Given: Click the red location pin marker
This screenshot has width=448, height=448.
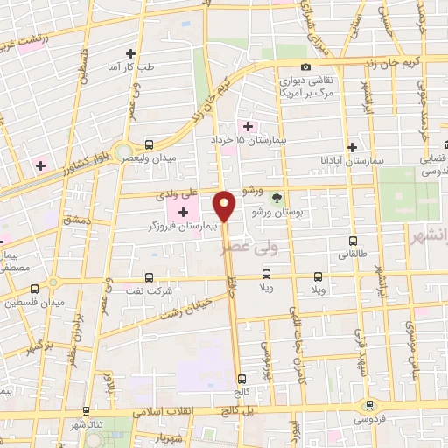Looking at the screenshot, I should [225, 206].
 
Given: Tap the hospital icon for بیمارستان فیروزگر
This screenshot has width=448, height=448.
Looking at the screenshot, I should [183, 213].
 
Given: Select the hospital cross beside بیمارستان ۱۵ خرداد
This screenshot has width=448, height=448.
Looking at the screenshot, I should [249, 126].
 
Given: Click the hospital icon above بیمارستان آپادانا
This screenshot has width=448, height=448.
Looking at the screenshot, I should [352, 147].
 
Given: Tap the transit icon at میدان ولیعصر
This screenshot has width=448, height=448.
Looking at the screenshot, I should [149, 144].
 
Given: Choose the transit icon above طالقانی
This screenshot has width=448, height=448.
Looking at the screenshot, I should [353, 241].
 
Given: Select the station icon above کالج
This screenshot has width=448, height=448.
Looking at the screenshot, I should [242, 378].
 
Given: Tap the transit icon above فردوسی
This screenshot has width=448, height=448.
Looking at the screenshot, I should [369, 405].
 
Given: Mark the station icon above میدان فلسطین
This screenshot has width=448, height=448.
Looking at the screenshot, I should [35, 289].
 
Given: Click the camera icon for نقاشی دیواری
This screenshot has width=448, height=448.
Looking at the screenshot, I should [305, 67].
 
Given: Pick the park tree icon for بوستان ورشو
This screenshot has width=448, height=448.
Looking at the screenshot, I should [277, 199].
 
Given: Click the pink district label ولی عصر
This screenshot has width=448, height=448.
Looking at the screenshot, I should [236, 249].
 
